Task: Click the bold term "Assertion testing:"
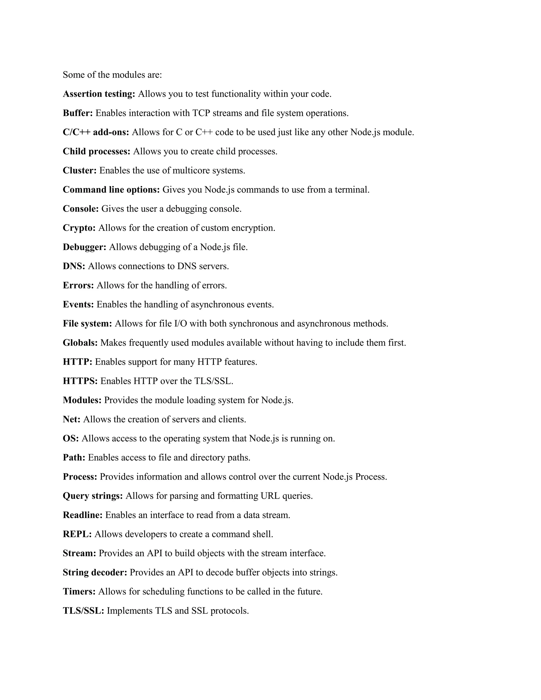pyautogui.click(x=99, y=94)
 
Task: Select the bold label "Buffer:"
pyautogui.click(x=78, y=113)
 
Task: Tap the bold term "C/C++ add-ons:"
pyautogui.click(x=96, y=132)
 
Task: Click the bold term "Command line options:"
pyautogui.click(x=111, y=190)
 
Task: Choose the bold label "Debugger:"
pyautogui.click(x=84, y=247)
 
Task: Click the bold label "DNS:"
pyautogui.click(x=74, y=266)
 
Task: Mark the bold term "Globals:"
pyautogui.click(x=80, y=343)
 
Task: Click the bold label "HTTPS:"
pyautogui.click(x=80, y=381)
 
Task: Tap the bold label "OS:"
pyautogui.click(x=71, y=438)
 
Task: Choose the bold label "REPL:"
pyautogui.click(x=77, y=534)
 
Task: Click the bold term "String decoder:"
pyautogui.click(x=95, y=572)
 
